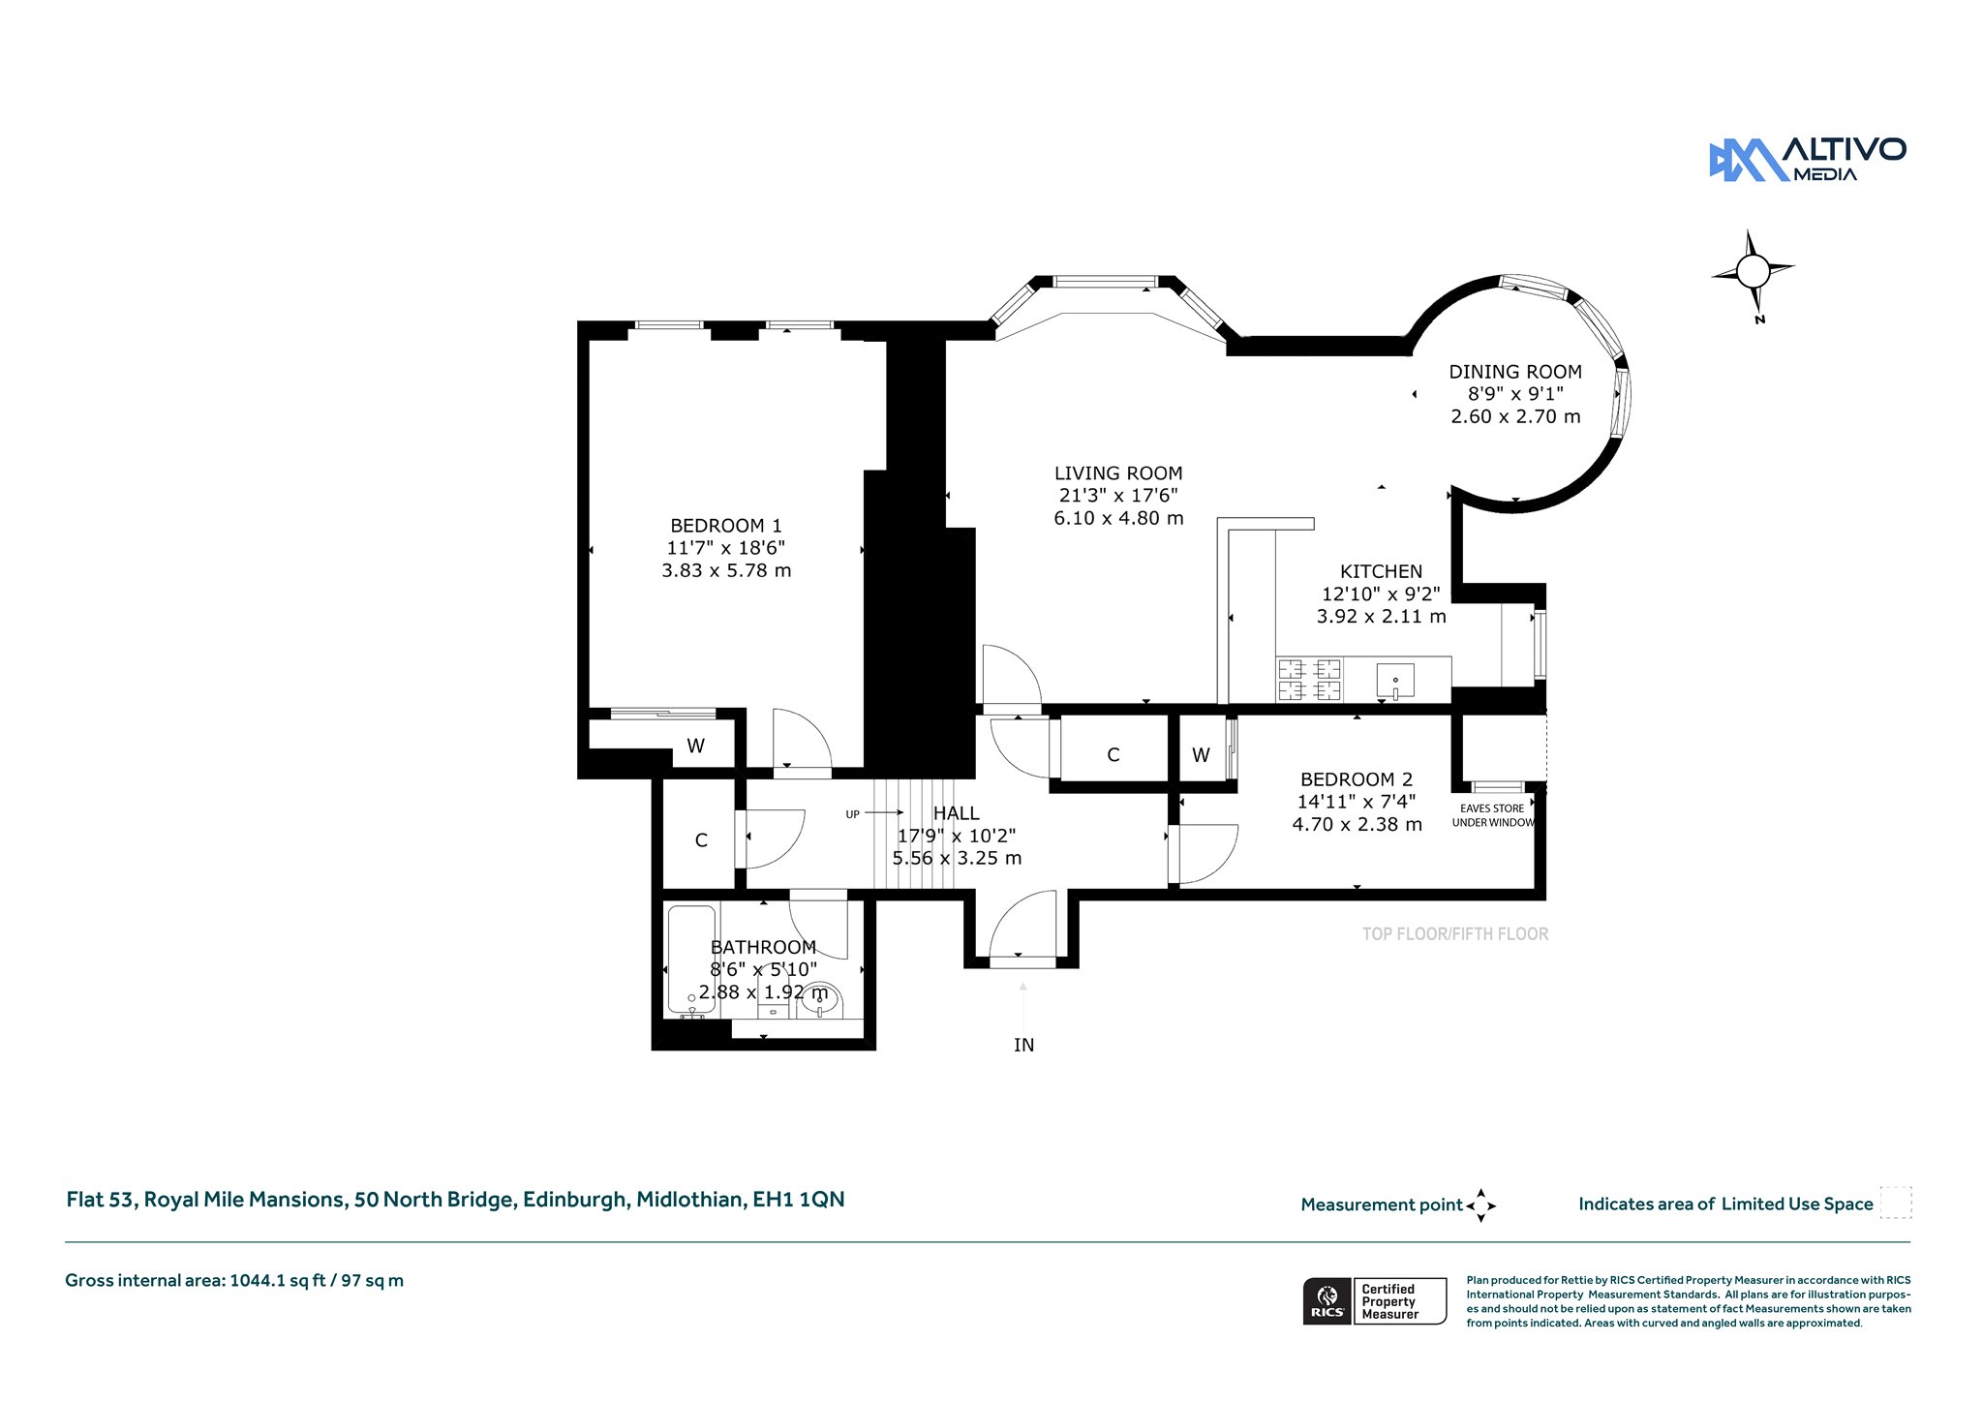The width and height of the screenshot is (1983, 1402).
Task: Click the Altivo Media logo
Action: click(x=1807, y=160)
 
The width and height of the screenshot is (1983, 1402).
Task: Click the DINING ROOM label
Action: click(x=1515, y=372)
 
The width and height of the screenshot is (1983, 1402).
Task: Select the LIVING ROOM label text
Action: click(x=1118, y=473)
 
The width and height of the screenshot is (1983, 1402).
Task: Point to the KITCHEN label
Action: click(x=1381, y=571)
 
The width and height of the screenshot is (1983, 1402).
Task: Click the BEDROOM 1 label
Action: click(x=726, y=526)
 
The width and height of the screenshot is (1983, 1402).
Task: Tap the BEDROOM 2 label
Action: click(x=1357, y=779)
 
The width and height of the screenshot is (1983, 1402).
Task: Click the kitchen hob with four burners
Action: click(x=1309, y=679)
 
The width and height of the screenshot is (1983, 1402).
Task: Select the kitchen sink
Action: click(x=1395, y=681)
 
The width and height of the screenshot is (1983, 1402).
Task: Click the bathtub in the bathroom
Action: click(x=691, y=960)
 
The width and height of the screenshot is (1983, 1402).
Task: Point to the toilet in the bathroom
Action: click(x=820, y=1001)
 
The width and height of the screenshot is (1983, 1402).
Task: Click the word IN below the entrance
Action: click(x=1023, y=1045)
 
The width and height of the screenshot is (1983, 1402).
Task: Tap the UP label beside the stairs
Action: click(x=852, y=814)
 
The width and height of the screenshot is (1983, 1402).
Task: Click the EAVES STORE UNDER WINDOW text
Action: click(x=1493, y=815)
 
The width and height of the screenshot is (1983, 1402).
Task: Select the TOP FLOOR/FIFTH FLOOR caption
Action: click(x=1455, y=934)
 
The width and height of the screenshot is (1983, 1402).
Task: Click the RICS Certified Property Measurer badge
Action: click(x=1375, y=1301)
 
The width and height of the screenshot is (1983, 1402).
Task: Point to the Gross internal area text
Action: click(x=234, y=1280)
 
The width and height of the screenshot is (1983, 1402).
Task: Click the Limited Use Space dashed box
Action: click(x=1896, y=1203)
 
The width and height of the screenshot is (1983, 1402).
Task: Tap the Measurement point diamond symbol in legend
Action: click(x=1480, y=1205)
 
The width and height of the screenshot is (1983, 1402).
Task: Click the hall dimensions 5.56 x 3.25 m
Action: click(x=957, y=858)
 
